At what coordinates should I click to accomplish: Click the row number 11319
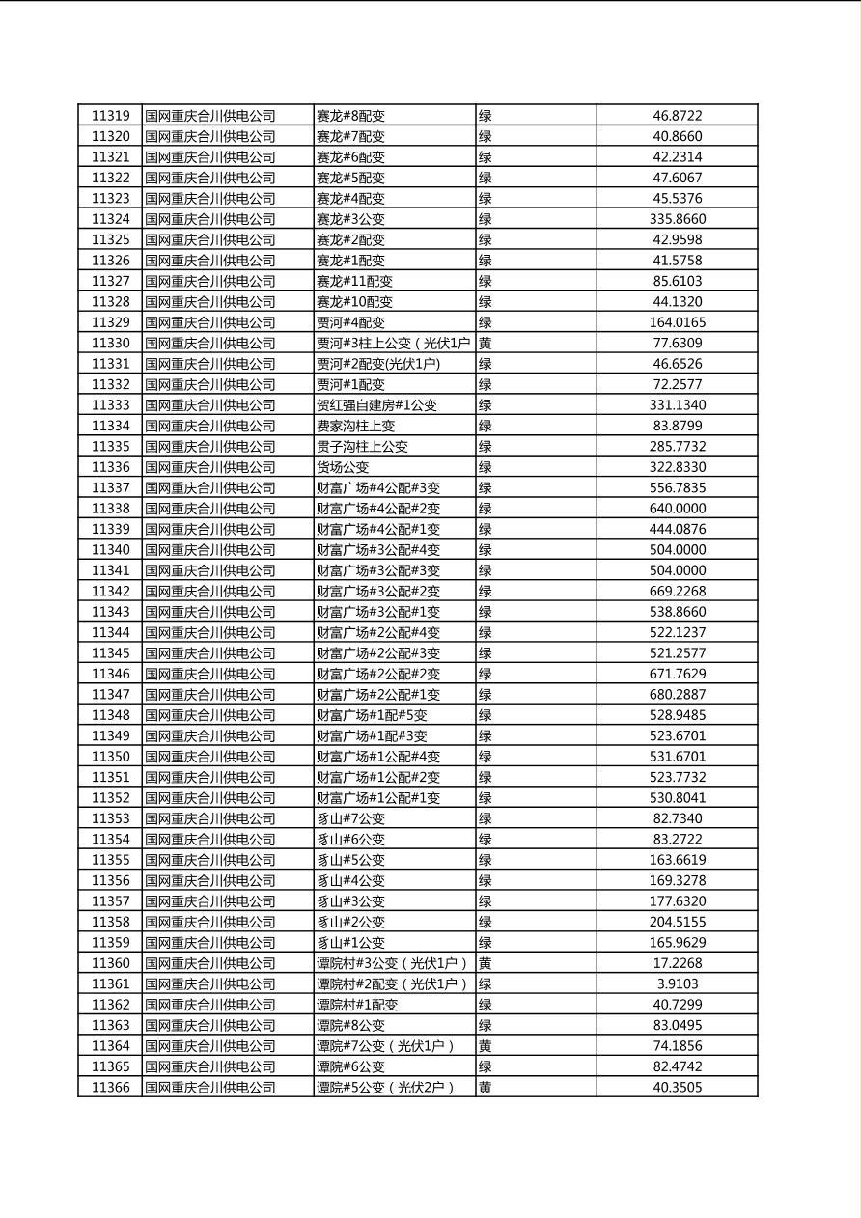(x=110, y=116)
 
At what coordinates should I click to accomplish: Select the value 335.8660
(x=677, y=219)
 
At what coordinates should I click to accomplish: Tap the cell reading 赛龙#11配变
(x=354, y=281)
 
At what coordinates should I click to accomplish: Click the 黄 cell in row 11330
(x=486, y=344)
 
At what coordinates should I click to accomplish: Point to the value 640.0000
(x=677, y=509)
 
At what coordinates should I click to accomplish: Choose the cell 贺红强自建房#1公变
(x=376, y=405)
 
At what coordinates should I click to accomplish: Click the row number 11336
(x=110, y=467)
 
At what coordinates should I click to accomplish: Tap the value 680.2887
(x=677, y=695)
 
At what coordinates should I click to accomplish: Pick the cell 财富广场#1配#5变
(x=372, y=715)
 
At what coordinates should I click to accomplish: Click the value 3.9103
(x=677, y=984)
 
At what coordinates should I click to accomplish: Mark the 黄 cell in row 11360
(x=486, y=963)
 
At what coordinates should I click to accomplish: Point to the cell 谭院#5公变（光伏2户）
(x=385, y=1088)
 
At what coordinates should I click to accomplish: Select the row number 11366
(x=110, y=1088)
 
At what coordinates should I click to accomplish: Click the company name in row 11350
(x=210, y=757)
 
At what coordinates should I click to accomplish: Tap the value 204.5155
(x=677, y=922)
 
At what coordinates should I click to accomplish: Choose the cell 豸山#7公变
(x=350, y=818)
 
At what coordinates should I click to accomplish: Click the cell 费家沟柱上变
(x=355, y=426)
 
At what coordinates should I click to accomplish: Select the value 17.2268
(x=677, y=963)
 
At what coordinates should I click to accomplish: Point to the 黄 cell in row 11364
(x=486, y=1046)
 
